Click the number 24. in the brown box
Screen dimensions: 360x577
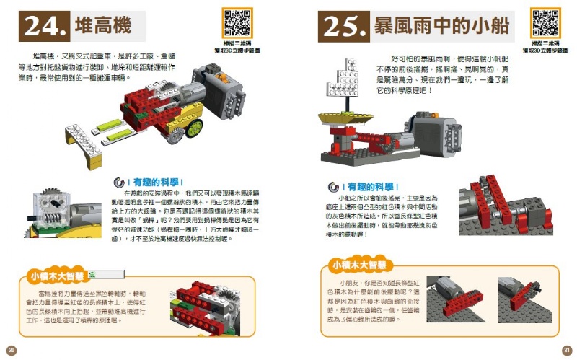[45, 26]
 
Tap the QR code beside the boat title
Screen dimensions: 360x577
[545, 22]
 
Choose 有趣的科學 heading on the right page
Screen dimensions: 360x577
[369, 187]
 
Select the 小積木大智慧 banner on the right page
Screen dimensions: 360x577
[357, 264]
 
